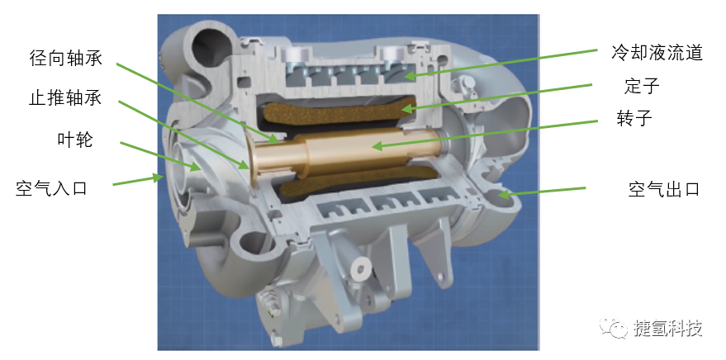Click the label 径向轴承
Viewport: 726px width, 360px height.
click(x=66, y=59)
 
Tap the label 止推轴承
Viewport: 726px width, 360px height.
click(x=65, y=98)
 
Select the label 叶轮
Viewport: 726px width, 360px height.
click(x=75, y=139)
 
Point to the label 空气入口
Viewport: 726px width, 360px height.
click(x=51, y=188)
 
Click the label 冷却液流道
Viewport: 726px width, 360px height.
click(x=657, y=53)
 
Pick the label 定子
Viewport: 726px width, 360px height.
click(x=642, y=86)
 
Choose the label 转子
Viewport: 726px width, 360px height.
click(x=634, y=118)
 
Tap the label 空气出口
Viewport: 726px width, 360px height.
click(x=663, y=189)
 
